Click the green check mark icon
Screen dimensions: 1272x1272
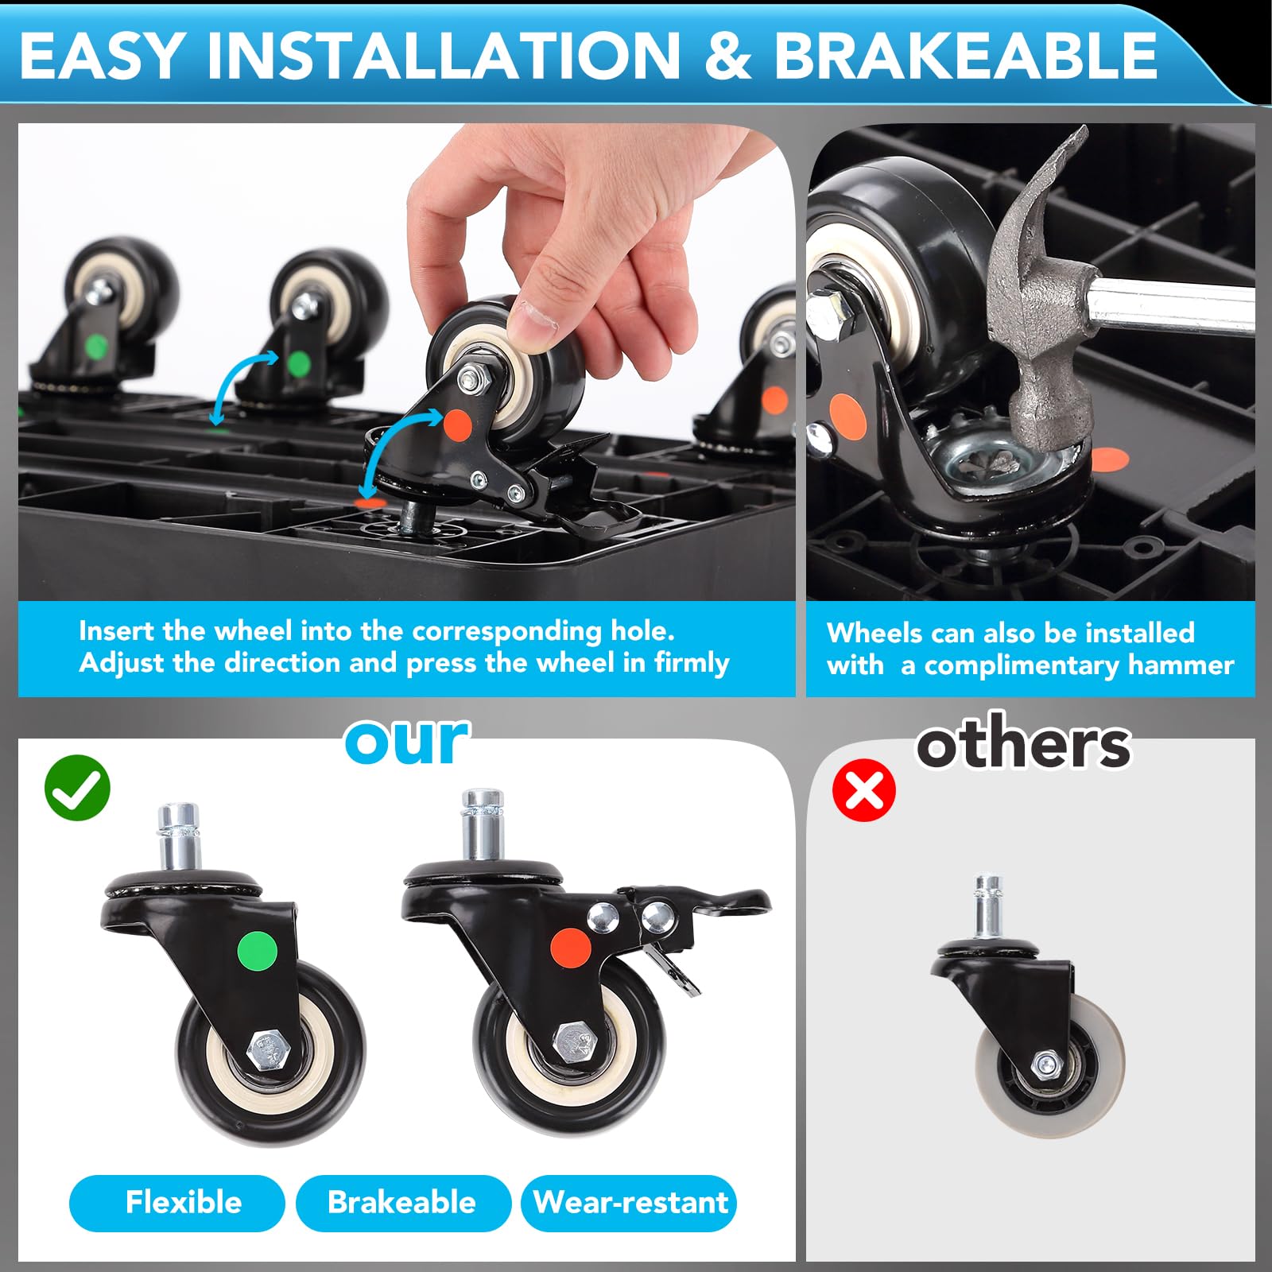point(77,787)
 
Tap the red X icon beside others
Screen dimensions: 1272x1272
point(863,789)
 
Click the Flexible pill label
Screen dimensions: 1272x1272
point(176,1202)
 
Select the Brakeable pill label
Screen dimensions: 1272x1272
point(402,1202)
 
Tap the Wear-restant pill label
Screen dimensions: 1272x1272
point(629,1202)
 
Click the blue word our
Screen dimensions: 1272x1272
point(406,741)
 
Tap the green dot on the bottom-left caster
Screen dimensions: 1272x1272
point(258,950)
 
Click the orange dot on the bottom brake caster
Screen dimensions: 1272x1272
point(571,948)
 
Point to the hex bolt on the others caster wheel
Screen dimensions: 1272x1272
point(1046,1063)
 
